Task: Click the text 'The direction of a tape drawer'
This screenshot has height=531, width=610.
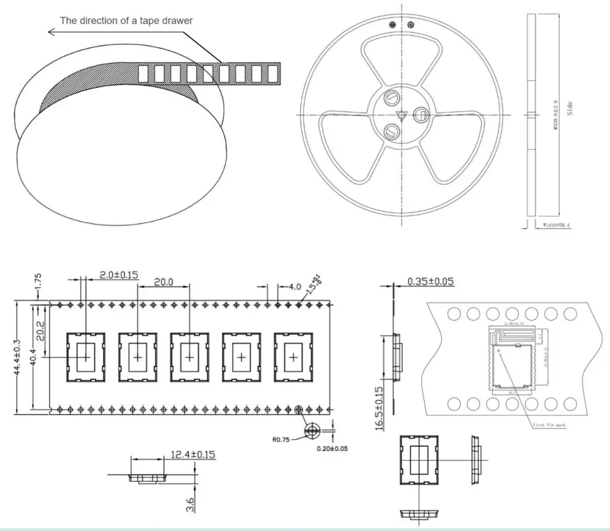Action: (x=126, y=20)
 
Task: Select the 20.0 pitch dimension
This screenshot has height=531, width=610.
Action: (x=163, y=282)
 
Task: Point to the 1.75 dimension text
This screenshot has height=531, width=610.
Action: (x=38, y=283)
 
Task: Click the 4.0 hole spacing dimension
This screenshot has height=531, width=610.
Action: (x=294, y=286)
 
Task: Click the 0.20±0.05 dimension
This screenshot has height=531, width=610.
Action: (x=333, y=449)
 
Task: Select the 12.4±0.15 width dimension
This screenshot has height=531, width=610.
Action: (x=193, y=455)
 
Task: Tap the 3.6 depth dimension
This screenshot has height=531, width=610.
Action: (x=190, y=505)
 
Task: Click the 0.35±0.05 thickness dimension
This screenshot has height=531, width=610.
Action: (x=431, y=281)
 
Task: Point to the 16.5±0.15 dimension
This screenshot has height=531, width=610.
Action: (x=380, y=409)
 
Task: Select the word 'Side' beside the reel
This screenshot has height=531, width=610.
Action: (x=570, y=109)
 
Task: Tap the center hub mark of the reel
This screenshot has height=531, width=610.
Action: (x=402, y=113)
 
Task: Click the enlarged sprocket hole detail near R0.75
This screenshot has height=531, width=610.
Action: (x=312, y=431)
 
